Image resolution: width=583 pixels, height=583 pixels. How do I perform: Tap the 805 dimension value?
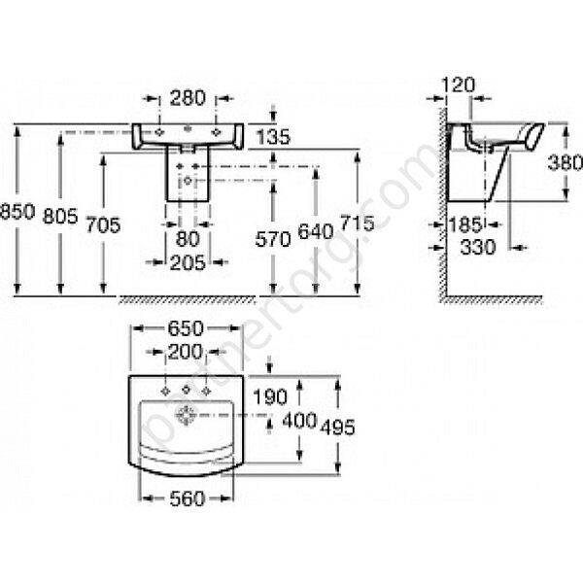click(62, 217)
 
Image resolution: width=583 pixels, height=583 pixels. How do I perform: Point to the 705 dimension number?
click(104, 224)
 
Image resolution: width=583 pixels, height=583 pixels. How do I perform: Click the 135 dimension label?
click(275, 139)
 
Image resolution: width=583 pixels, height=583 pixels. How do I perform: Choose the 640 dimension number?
click(317, 232)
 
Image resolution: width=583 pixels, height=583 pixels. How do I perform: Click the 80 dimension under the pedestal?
click(188, 238)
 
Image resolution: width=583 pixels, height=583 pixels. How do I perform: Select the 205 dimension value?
click(188, 261)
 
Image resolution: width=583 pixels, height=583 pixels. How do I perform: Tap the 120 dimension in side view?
click(454, 86)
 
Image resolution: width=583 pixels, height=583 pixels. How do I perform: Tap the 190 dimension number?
click(271, 397)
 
